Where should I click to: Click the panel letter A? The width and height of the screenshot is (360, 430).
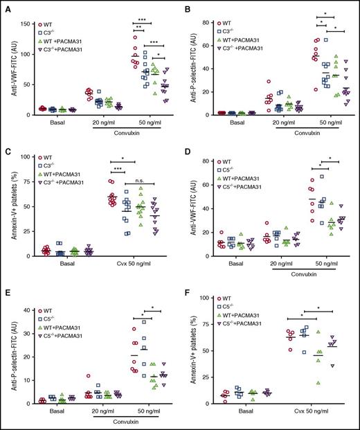[5, 6]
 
